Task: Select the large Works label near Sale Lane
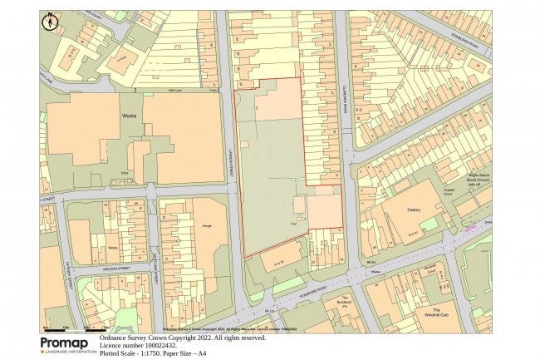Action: pos(128,117)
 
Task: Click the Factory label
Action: pos(416,210)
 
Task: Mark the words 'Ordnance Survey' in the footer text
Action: pos(124,338)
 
